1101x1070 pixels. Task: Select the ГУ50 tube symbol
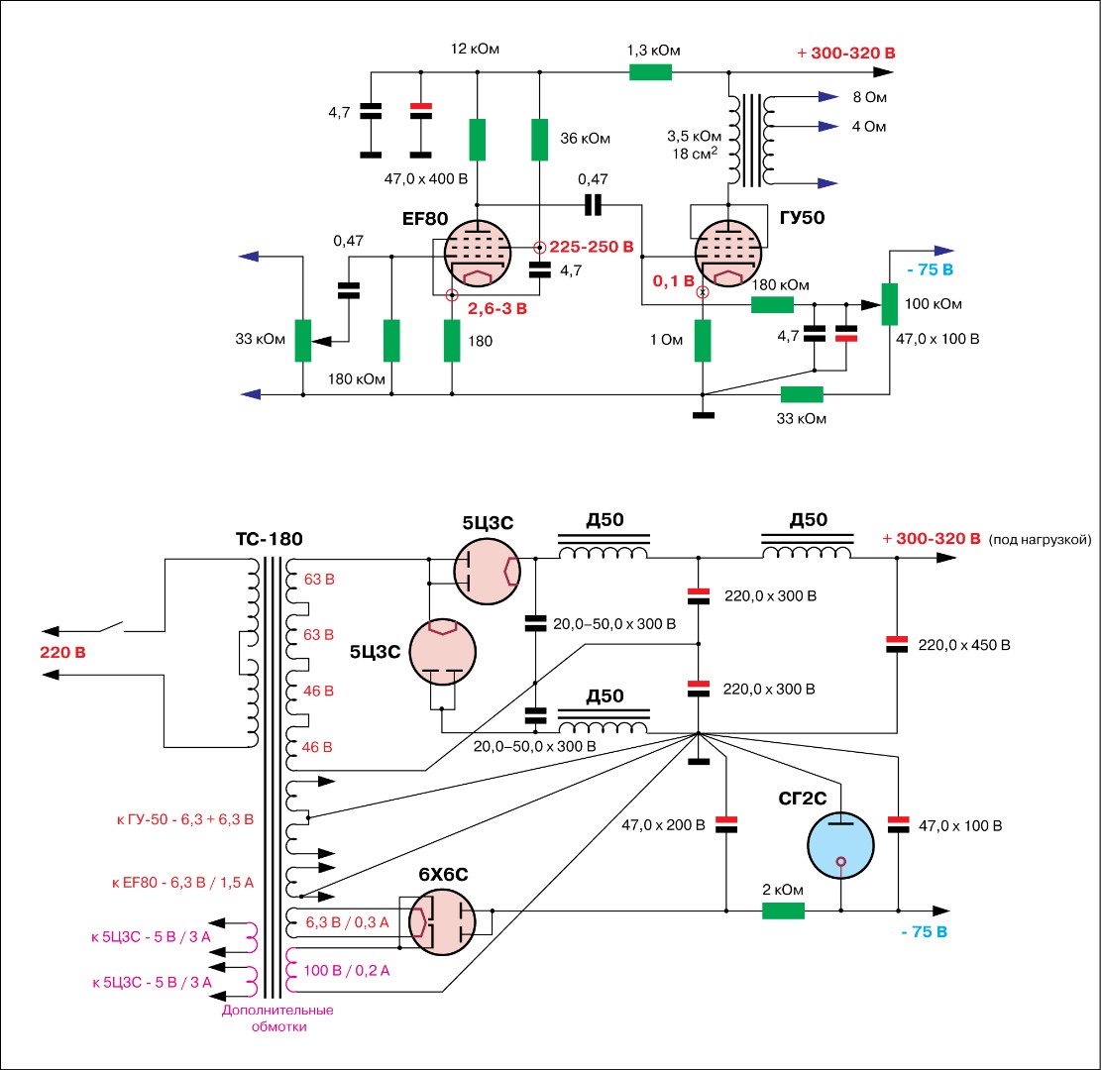[731, 255]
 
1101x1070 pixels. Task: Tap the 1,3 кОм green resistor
[651, 71]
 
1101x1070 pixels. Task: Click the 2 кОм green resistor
[783, 910]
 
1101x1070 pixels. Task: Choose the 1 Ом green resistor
[703, 340]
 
